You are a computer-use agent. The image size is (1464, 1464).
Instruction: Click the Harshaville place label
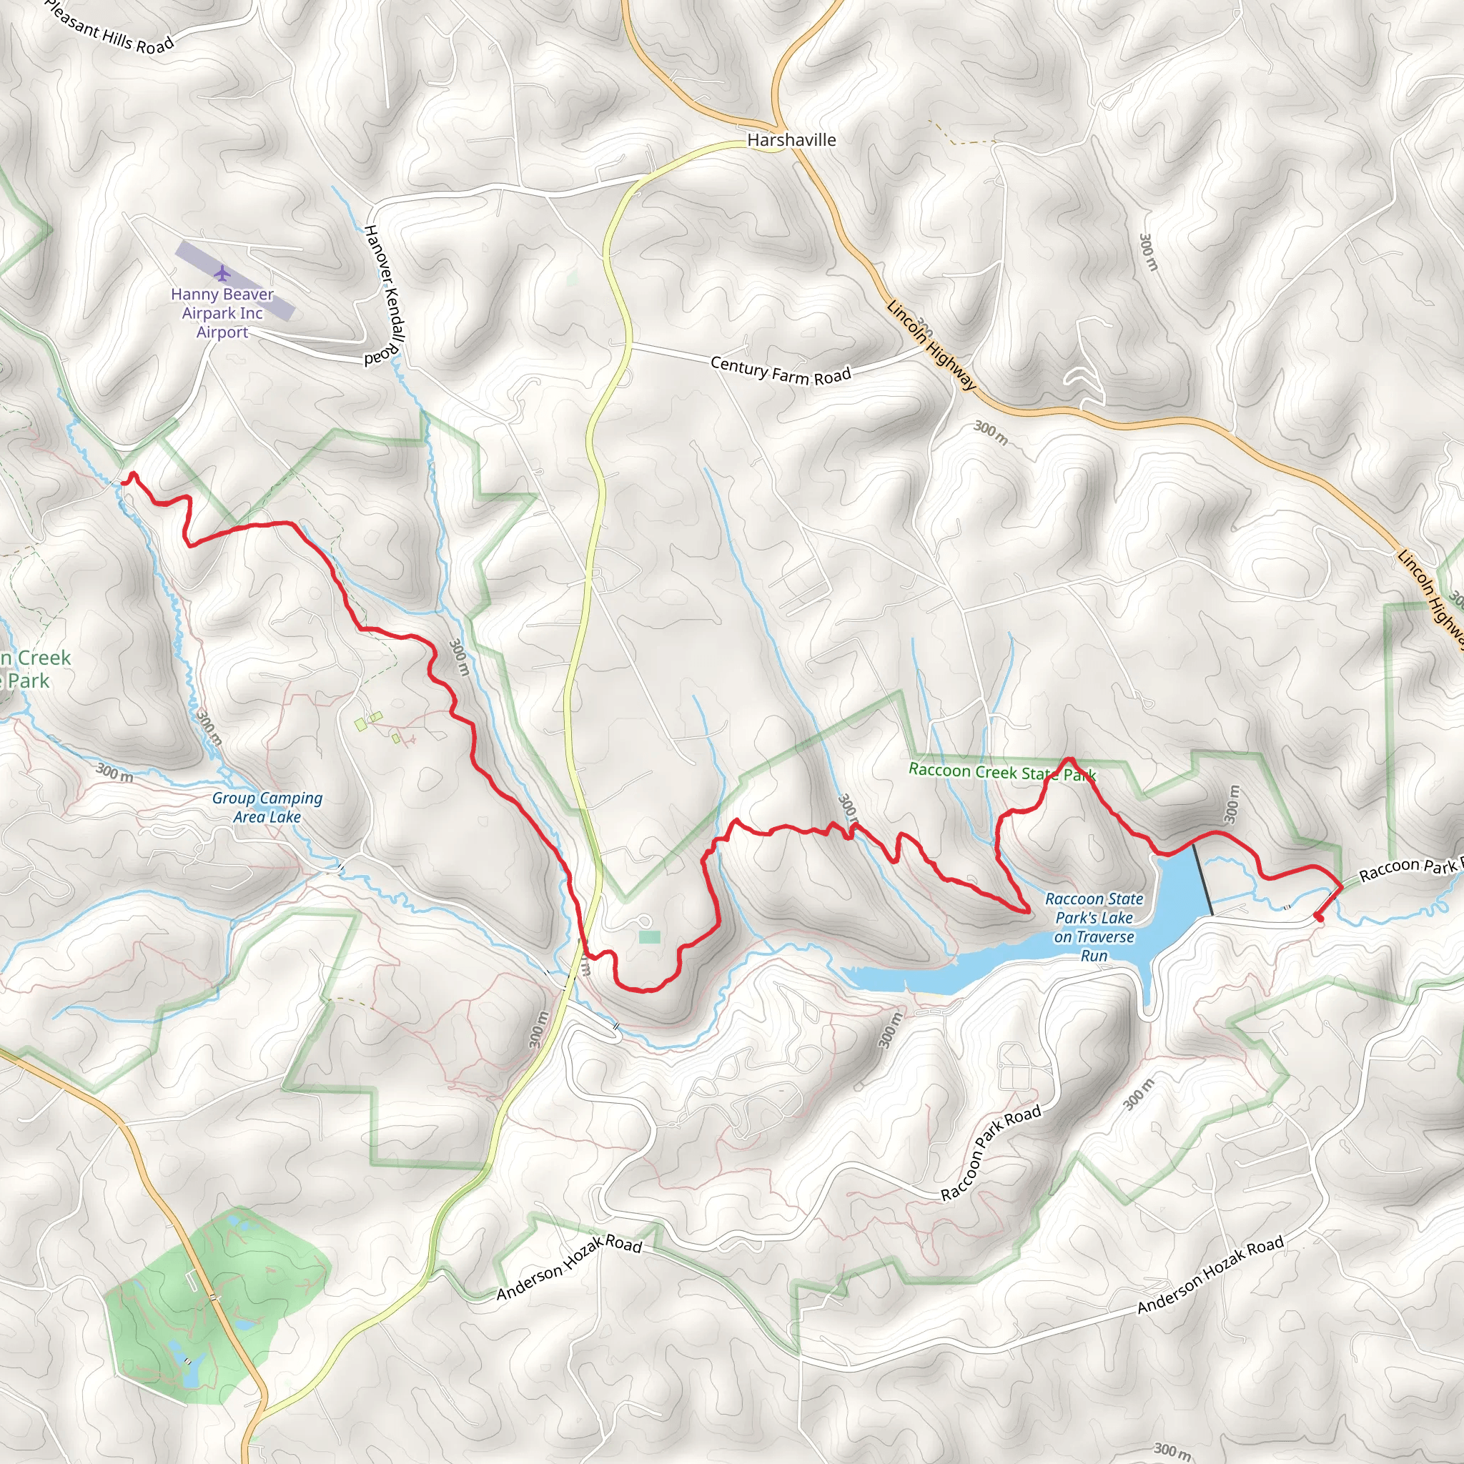point(791,140)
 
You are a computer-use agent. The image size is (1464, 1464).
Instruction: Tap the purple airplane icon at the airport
point(222,272)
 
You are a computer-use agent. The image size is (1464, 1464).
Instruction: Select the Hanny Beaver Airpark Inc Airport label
point(222,313)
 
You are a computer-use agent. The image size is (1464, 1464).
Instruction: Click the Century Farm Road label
point(781,370)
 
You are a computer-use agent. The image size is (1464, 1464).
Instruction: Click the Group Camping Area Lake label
point(267,807)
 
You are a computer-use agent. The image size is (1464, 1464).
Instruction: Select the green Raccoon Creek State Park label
point(1001,772)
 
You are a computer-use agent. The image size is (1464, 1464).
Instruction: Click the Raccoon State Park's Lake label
point(1094,926)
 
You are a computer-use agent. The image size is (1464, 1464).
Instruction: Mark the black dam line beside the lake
point(1202,880)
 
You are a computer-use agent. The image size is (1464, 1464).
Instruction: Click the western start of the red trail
point(124,483)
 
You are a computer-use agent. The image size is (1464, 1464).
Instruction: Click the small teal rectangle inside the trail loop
point(649,937)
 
